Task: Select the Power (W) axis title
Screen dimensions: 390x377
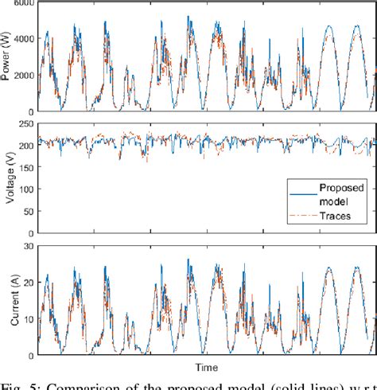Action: pos(7,57)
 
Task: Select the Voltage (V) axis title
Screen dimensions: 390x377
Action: pos(7,179)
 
